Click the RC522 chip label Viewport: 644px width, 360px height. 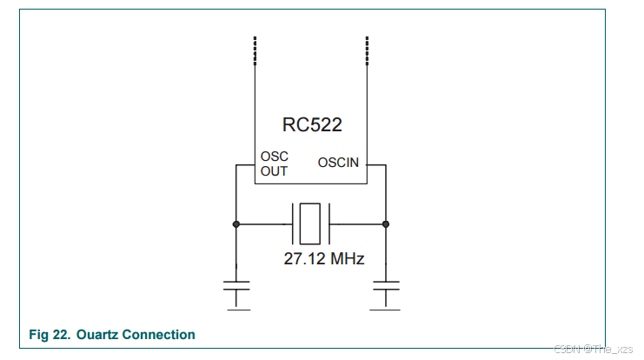[312, 124]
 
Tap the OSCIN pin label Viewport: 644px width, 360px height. [339, 162]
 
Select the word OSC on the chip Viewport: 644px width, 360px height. [274, 157]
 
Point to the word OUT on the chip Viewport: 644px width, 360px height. [274, 171]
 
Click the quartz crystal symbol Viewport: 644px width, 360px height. [310, 223]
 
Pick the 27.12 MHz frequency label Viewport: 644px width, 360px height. [323, 258]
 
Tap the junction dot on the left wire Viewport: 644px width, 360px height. [236, 224]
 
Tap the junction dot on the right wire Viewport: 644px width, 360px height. [386, 224]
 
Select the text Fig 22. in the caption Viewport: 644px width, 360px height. [50, 334]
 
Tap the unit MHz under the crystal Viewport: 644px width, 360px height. [346, 258]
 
